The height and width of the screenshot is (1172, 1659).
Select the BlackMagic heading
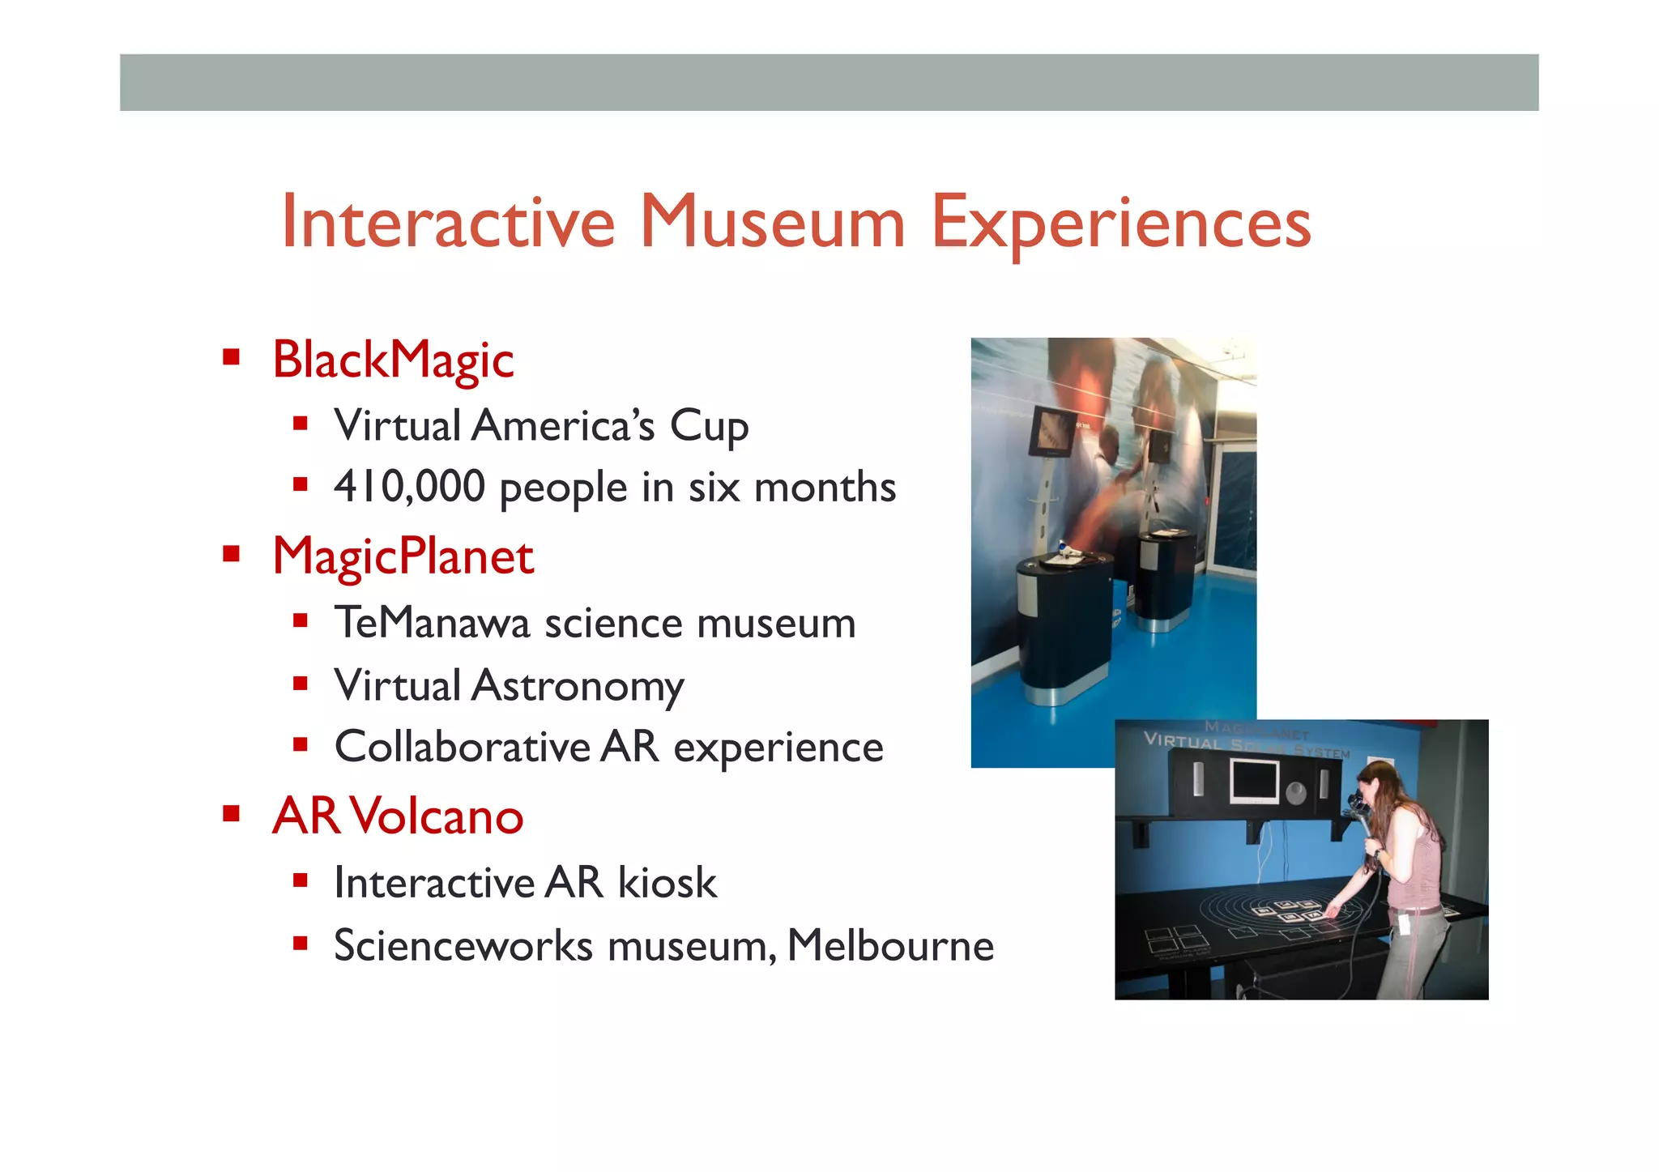[x=393, y=360]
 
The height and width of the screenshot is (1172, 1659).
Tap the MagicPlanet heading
[x=403, y=556]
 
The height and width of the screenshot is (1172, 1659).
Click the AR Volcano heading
[x=398, y=816]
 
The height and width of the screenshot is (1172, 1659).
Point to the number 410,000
[x=409, y=487]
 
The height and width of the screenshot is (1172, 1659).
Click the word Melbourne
[x=890, y=945]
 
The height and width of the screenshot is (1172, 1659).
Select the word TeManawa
[x=433, y=623]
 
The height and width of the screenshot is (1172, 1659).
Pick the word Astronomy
[x=578, y=686]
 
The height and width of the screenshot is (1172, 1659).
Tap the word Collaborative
[x=463, y=747]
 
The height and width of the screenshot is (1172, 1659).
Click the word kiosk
[x=667, y=883]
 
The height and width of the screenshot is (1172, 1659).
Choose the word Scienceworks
[x=463, y=945]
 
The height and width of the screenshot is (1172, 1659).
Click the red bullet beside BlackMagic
[x=232, y=357]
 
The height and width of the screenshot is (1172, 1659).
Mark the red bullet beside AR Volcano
[x=232, y=813]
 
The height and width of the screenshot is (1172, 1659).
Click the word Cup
[x=709, y=426]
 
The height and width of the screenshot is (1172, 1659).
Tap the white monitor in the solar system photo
[x=1253, y=782]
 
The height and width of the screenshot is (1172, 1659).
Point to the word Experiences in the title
[x=1120, y=223]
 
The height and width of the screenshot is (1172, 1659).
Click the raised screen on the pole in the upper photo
[x=1052, y=432]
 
